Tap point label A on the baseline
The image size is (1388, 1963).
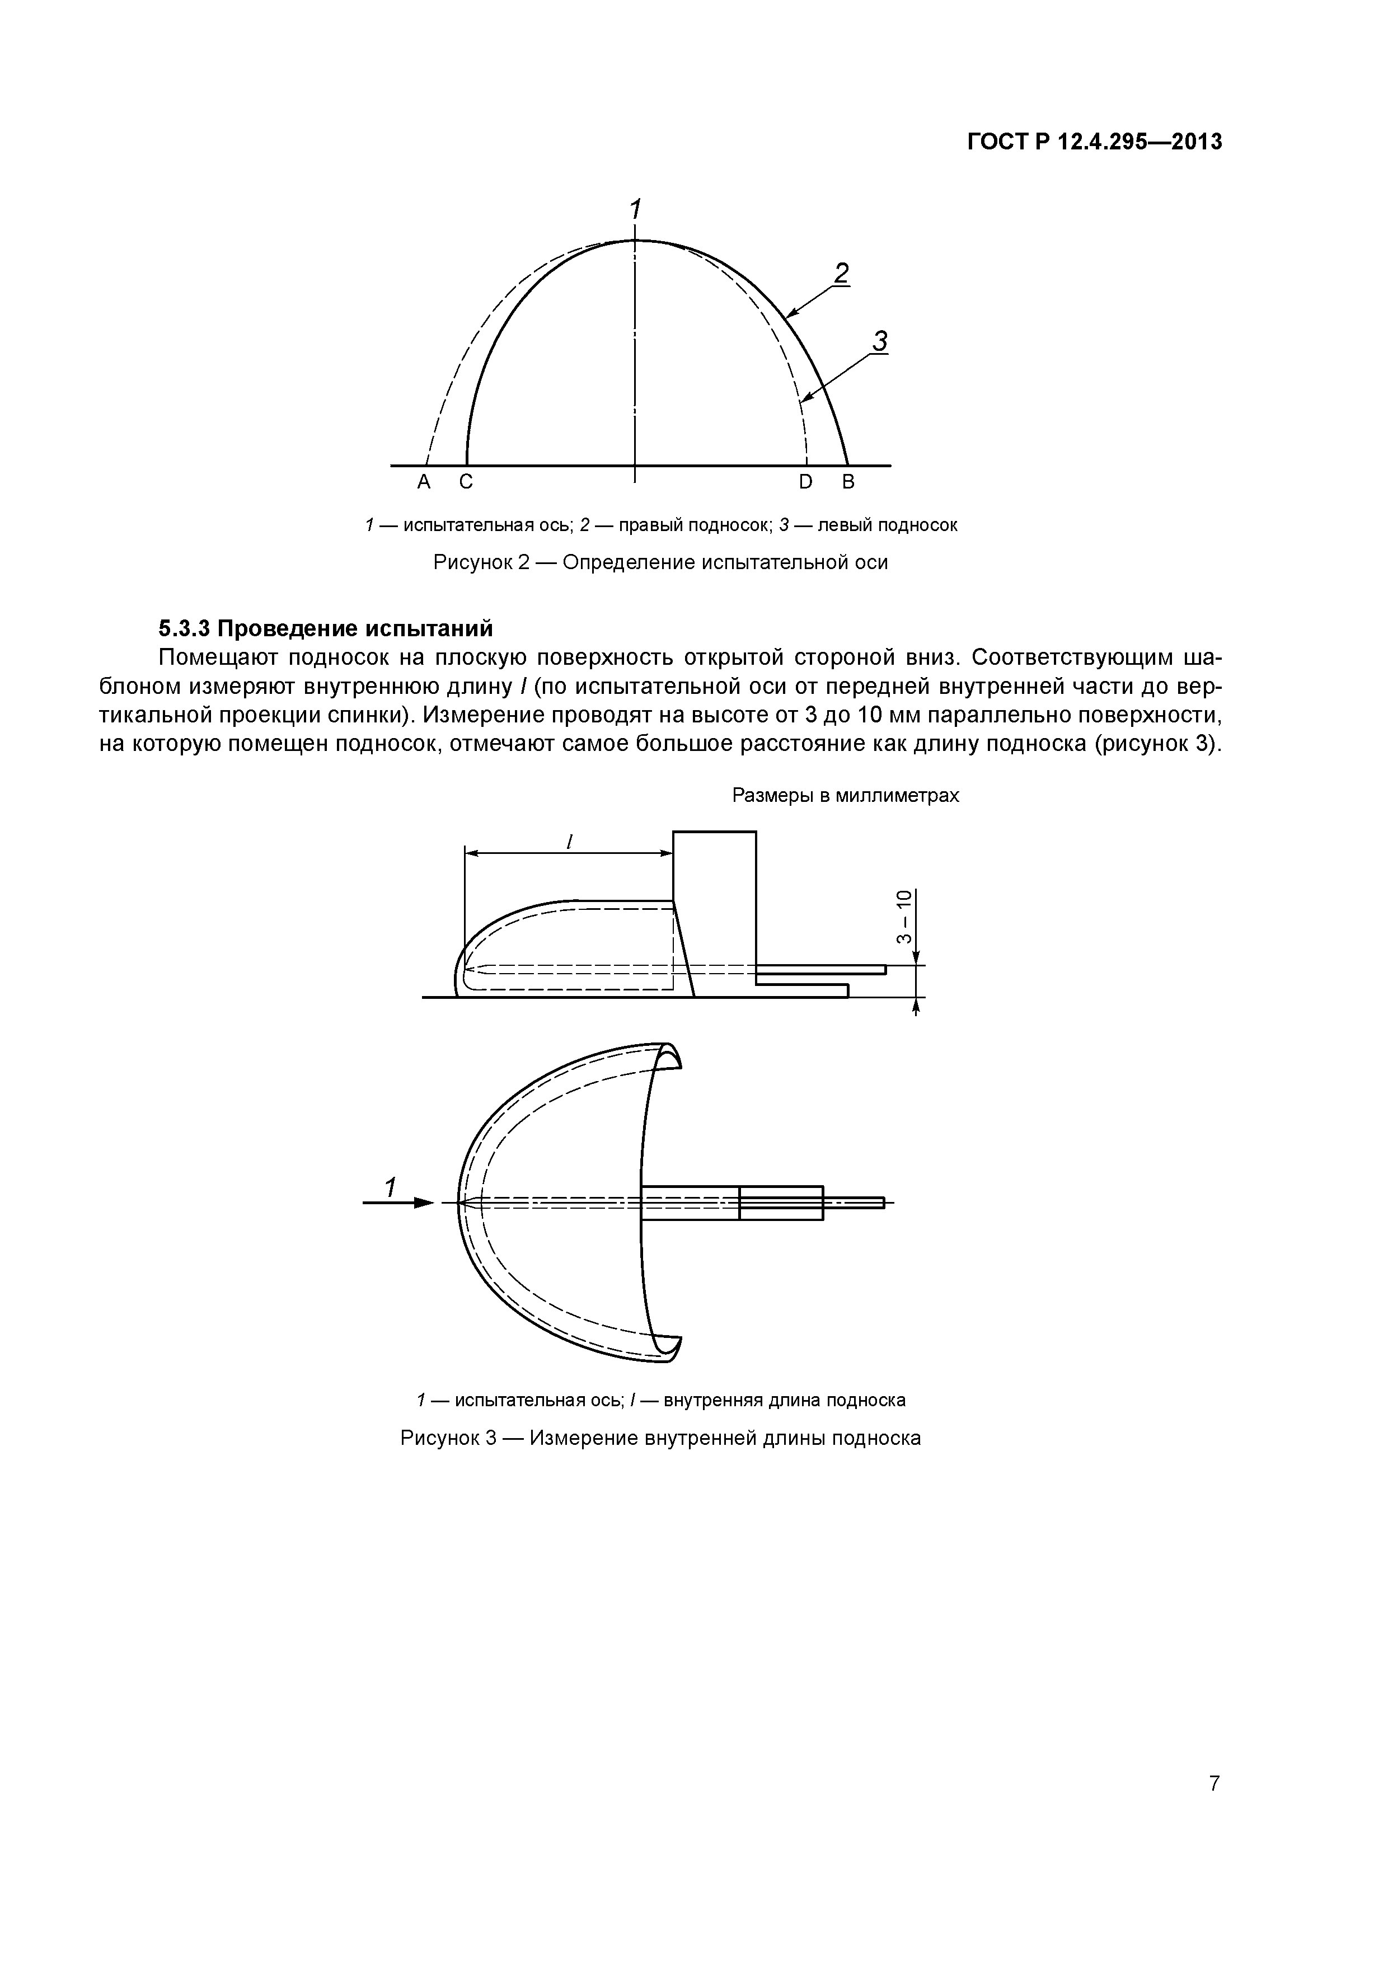coord(423,483)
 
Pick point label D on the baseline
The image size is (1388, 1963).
coord(805,483)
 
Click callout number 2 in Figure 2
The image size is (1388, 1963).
coord(842,274)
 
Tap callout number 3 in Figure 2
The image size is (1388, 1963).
coord(879,341)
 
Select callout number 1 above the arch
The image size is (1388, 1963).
coord(635,209)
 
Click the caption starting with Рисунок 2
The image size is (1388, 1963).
coord(660,562)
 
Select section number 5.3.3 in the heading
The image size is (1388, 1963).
coord(184,628)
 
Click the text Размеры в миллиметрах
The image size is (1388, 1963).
coord(845,796)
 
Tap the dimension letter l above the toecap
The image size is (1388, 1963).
coord(569,842)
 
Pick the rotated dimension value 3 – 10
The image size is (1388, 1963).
coord(903,917)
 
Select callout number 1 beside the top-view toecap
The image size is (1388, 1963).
coord(389,1187)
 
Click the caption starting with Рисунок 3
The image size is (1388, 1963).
coord(660,1438)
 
